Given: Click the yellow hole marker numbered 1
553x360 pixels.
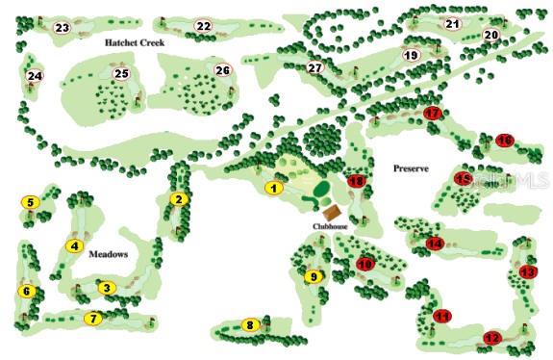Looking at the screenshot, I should click(x=274, y=188).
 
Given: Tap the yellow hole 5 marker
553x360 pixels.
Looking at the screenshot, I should click(x=30, y=202).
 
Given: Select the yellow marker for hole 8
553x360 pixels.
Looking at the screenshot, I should click(x=251, y=325).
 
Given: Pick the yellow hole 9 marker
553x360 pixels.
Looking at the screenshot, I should click(x=312, y=277).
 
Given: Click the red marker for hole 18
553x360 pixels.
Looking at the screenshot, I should click(x=357, y=181).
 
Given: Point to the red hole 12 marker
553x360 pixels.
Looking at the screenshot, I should click(x=492, y=338).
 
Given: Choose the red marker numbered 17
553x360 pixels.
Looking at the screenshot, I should click(x=433, y=114).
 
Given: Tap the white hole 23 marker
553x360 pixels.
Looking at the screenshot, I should click(x=63, y=28).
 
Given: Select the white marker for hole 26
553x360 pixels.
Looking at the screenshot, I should click(x=222, y=70).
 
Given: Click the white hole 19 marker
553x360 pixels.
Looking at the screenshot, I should click(x=411, y=56).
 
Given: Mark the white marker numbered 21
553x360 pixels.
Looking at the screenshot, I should click(x=452, y=24).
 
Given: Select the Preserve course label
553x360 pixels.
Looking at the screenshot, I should click(x=416, y=168).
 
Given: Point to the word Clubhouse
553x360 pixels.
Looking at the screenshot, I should click(x=328, y=227).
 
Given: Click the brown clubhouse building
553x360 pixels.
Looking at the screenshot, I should click(x=332, y=212).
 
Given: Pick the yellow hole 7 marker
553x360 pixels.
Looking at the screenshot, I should click(x=93, y=318).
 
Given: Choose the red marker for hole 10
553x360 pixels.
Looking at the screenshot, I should click(x=365, y=264).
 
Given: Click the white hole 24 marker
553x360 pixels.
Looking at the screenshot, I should click(x=35, y=75).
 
